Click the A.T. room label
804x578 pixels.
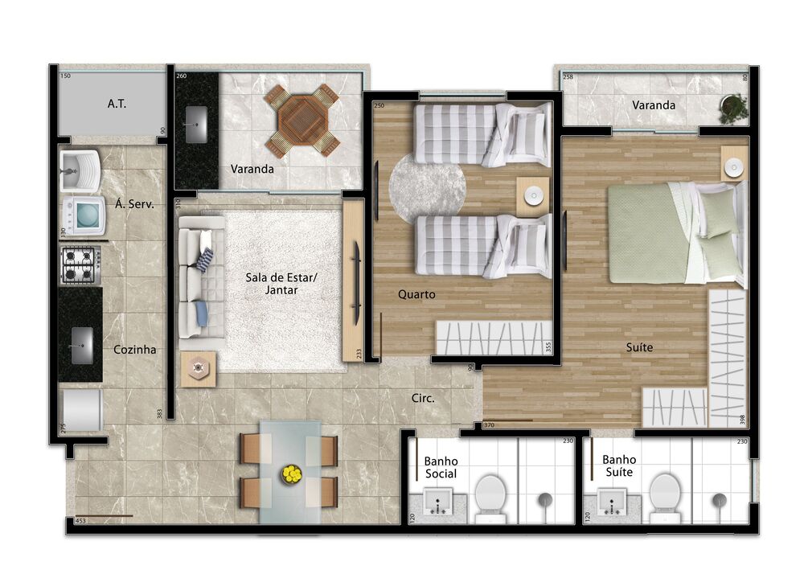point(117,104)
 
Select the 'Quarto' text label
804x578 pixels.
point(416,294)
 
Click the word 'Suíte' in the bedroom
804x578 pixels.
point(639,347)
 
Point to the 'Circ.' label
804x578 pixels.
point(423,398)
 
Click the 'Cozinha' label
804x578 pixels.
point(134,350)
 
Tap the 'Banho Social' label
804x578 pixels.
point(441,467)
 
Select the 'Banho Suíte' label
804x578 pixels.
point(619,465)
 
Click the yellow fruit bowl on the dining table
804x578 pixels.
point(290,474)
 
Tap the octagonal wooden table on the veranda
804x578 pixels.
point(301,120)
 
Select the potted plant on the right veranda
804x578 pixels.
point(732,108)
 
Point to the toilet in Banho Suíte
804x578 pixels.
point(664,492)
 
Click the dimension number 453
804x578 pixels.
point(80,520)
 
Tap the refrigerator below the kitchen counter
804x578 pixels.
point(82,410)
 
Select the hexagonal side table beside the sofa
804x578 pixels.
point(197,369)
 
